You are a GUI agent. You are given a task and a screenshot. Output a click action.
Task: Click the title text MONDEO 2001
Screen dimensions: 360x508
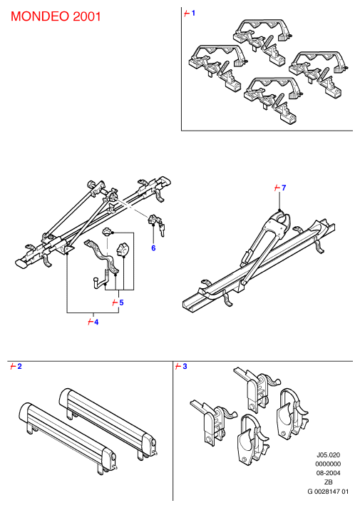56,16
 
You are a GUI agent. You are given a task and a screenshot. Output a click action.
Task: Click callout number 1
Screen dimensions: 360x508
194,13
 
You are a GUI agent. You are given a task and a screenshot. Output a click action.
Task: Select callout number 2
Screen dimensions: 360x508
19,366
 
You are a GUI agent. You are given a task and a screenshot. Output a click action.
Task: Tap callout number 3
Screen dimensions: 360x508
185,366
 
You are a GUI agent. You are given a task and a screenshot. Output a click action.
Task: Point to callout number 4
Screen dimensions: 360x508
96,322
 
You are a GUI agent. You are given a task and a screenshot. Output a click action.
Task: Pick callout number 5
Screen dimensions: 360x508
121,303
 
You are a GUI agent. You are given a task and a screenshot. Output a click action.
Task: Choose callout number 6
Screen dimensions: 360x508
153,248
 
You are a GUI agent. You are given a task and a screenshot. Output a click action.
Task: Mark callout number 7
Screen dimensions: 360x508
284,188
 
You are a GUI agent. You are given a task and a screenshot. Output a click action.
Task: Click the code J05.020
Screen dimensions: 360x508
328,455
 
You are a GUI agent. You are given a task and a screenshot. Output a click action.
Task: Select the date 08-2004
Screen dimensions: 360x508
328,473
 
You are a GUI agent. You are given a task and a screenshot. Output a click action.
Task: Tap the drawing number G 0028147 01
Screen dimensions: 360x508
328,492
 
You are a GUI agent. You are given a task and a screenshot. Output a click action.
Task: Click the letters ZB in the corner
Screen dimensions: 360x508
329,482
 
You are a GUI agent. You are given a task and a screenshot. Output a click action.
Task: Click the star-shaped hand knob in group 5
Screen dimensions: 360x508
123,249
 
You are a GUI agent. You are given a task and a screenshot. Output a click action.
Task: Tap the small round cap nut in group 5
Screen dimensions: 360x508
107,232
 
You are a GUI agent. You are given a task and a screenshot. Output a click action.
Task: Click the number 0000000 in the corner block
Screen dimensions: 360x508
328,464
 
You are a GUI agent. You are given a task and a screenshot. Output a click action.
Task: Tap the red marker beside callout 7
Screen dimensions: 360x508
277,188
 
